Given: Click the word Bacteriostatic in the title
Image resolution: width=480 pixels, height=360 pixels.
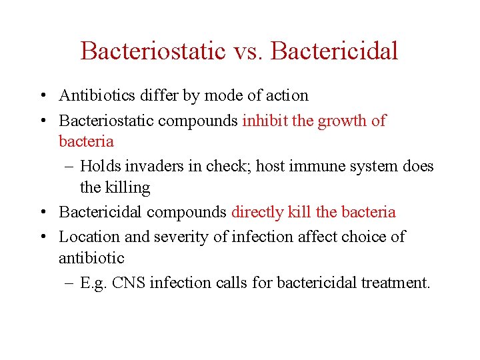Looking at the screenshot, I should coord(153,51).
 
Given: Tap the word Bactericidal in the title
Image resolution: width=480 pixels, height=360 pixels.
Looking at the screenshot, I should coord(335,51).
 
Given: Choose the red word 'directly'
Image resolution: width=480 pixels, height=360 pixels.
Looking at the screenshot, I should coord(257,213).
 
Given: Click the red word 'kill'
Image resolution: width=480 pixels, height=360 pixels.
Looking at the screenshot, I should coord(300,212).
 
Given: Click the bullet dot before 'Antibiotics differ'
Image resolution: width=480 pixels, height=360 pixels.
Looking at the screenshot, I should coord(42,96).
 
